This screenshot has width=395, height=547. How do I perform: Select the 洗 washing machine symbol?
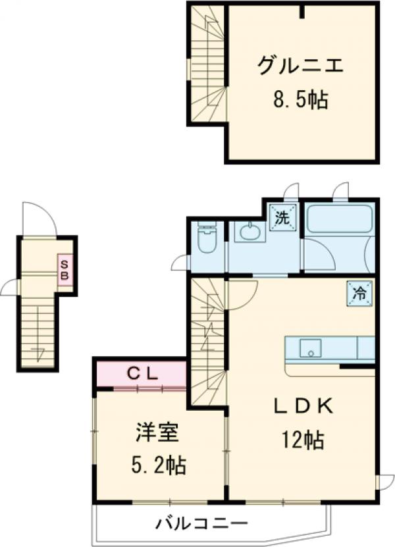pyautogui.click(x=282, y=218)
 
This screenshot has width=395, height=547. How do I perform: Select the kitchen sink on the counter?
pyautogui.click(x=309, y=348)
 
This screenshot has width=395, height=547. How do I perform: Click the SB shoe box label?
pyautogui.click(x=65, y=270)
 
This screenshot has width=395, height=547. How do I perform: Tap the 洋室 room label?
pyautogui.click(x=157, y=434)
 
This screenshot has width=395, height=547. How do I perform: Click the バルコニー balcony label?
pyautogui.click(x=201, y=524)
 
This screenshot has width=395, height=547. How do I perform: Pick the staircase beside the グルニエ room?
pyautogui.click(x=207, y=63)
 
